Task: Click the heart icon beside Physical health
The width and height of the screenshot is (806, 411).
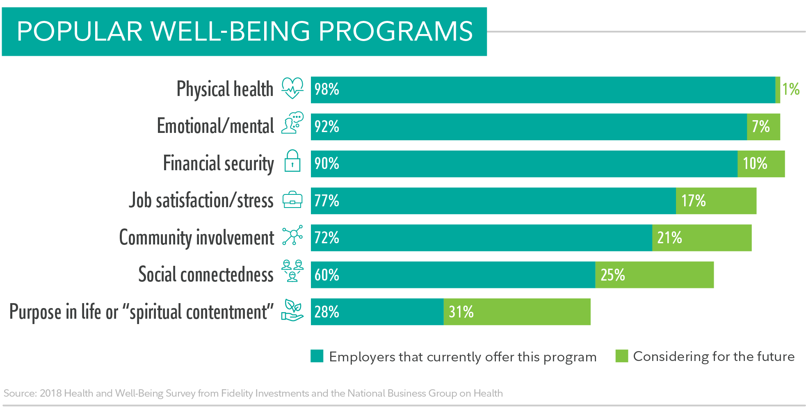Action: [292, 88]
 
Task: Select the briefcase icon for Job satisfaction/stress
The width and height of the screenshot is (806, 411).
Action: [292, 200]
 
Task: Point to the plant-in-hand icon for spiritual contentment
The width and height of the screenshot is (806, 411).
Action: [292, 311]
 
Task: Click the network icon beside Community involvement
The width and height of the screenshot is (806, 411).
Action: [292, 235]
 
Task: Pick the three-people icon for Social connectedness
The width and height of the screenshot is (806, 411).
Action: [292, 271]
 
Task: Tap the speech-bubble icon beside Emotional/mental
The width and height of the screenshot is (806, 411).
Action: [292, 123]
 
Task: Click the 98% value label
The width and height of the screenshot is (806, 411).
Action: [327, 89]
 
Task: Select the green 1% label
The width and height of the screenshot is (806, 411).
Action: [790, 89]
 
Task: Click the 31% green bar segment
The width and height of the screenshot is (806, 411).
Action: [517, 312]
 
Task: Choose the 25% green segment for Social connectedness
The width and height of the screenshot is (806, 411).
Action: [654, 275]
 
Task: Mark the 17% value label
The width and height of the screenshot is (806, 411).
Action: [693, 201]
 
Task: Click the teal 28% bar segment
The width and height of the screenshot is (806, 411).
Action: [377, 312]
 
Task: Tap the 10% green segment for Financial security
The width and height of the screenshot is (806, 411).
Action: [761, 164]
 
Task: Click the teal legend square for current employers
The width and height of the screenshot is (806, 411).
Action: [317, 356]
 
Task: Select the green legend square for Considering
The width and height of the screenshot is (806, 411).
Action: [621, 356]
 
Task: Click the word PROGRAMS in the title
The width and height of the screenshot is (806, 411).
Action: [396, 32]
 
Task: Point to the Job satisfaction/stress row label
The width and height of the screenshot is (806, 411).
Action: [201, 201]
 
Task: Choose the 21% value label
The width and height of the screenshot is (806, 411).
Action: [669, 238]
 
